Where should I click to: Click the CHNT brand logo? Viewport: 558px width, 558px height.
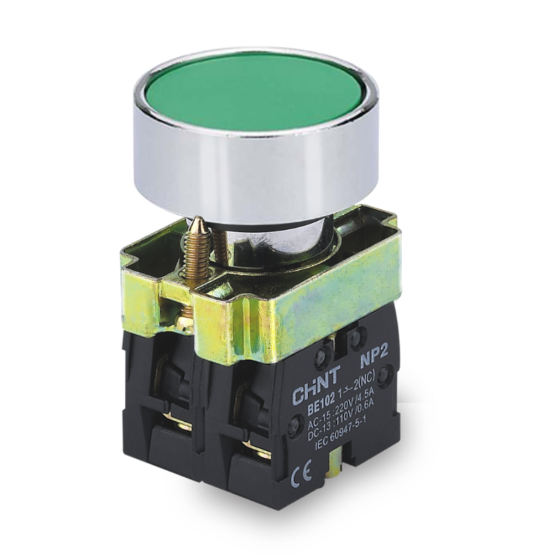317,386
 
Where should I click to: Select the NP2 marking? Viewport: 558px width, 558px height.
372,362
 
